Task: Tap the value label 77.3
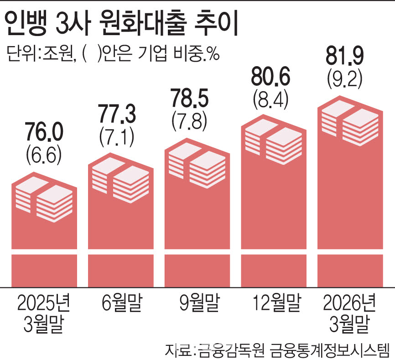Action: [x=117, y=114]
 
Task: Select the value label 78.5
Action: [x=189, y=98]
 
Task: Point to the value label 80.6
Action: [x=271, y=76]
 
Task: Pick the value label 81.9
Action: [x=345, y=56]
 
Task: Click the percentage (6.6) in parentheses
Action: [x=44, y=156]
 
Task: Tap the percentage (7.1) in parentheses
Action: [x=117, y=137]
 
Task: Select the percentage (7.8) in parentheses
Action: [x=189, y=121]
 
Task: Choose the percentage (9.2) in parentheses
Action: [x=345, y=79]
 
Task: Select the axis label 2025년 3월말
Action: [x=44, y=313]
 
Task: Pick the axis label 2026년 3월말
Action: [x=349, y=313]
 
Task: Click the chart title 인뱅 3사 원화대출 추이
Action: [x=121, y=23]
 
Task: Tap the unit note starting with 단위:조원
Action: [x=113, y=53]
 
